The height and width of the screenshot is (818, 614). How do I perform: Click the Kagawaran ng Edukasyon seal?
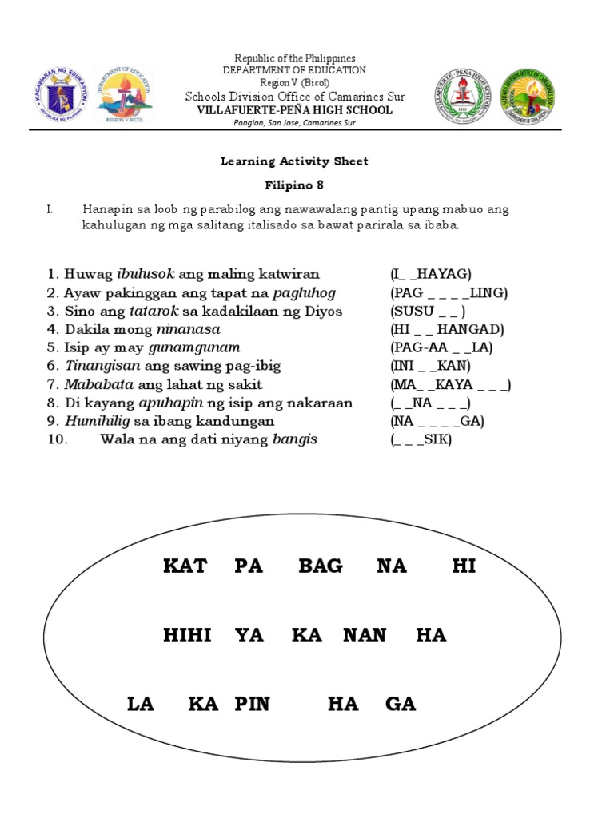point(62,93)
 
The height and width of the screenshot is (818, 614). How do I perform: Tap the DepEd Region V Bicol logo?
point(123,94)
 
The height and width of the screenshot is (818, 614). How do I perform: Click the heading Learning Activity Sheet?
point(294,161)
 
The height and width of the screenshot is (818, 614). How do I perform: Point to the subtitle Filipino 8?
point(294,185)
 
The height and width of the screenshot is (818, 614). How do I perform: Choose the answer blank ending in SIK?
point(421,439)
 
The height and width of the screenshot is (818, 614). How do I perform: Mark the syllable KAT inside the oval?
point(185,566)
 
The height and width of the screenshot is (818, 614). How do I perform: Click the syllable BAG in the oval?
point(321,566)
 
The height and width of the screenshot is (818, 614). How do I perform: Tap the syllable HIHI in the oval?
point(187,636)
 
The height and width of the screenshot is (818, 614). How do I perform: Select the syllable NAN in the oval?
point(365,636)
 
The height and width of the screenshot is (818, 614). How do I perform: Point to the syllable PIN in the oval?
point(253,704)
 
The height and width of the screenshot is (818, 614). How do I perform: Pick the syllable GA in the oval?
point(401,704)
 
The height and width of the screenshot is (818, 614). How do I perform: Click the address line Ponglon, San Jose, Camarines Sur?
point(294,123)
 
